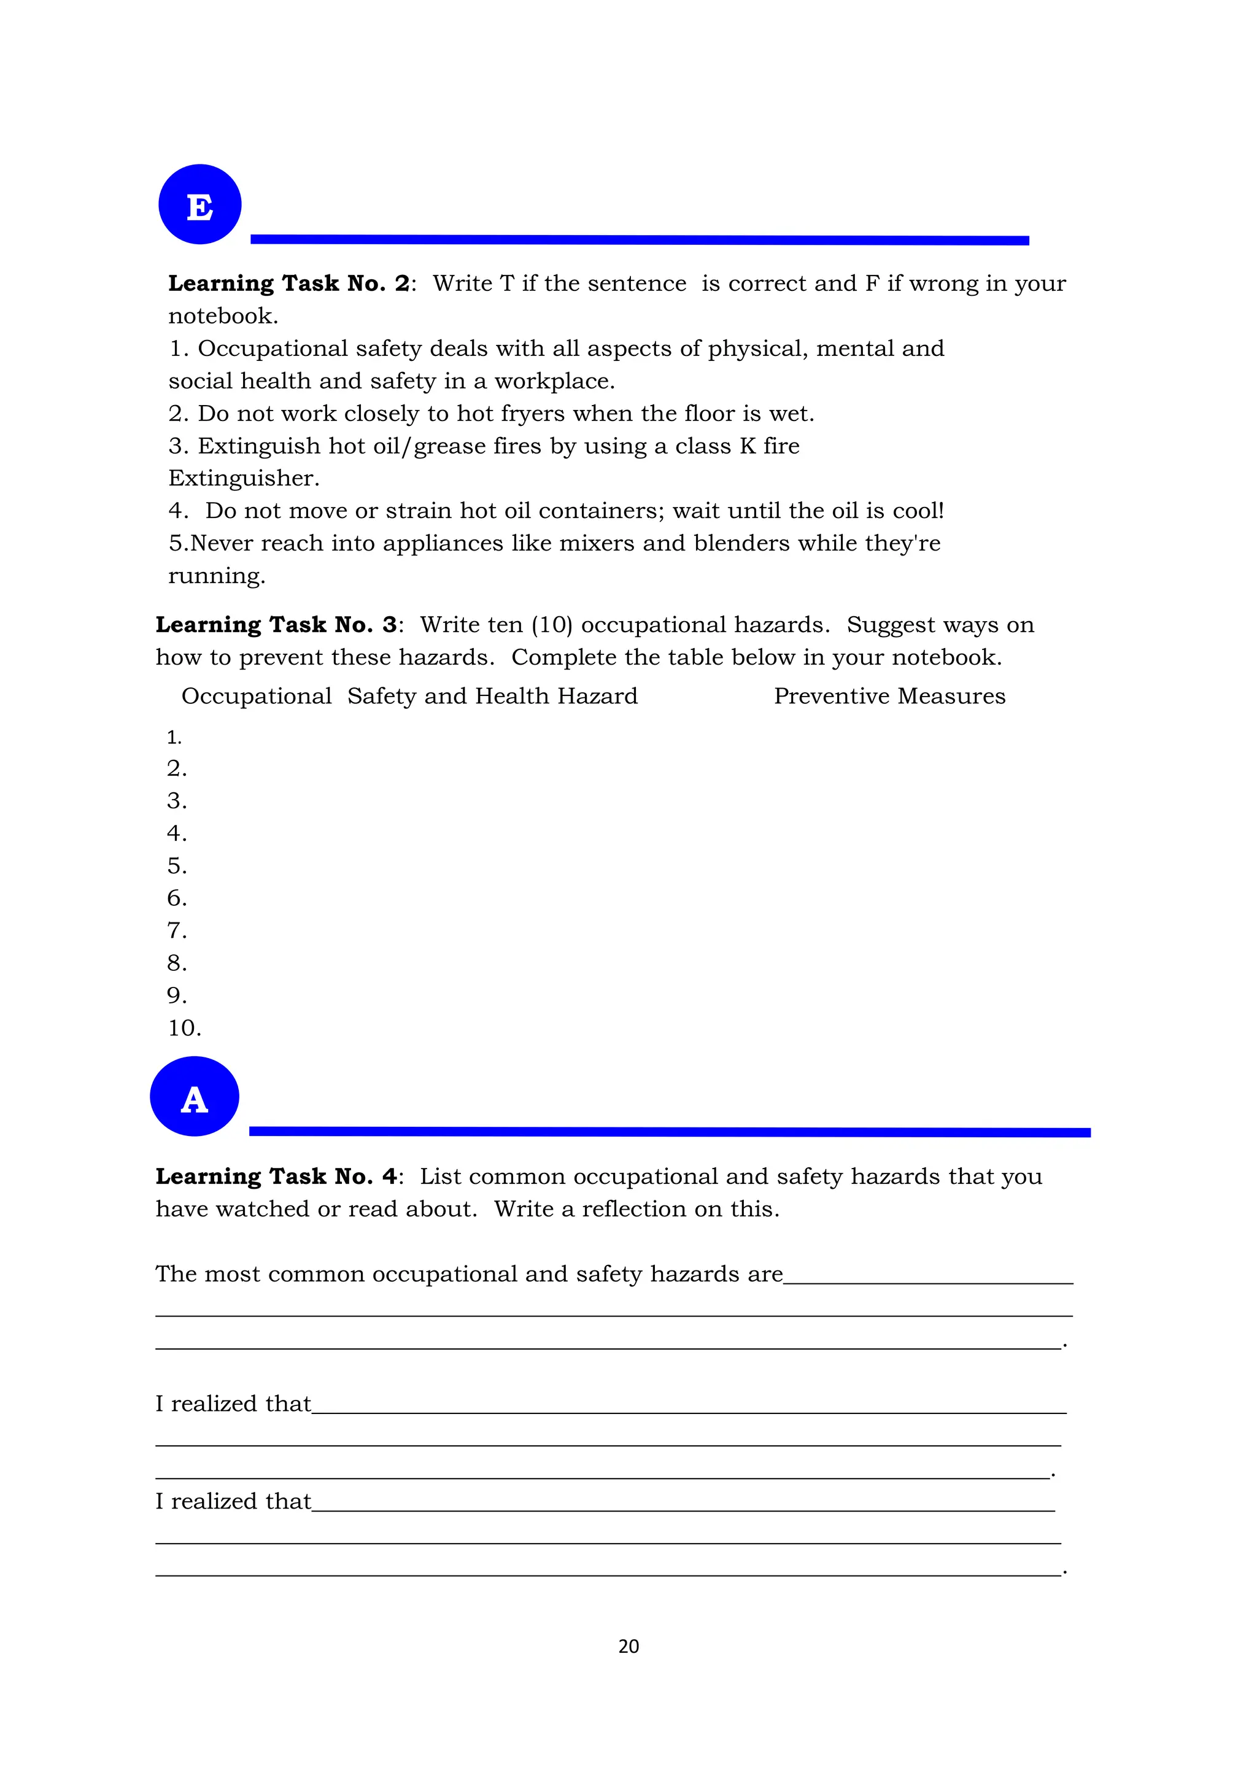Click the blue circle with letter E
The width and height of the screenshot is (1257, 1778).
point(200,204)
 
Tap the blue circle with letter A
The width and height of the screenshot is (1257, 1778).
point(195,1097)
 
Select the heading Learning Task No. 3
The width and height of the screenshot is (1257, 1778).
point(276,625)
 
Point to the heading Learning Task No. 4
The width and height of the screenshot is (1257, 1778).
point(276,1177)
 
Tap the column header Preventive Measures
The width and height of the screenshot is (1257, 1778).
point(889,696)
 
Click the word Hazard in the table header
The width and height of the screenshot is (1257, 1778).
point(597,696)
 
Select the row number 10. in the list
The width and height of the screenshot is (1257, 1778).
point(184,1029)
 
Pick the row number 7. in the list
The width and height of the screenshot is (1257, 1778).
point(177,931)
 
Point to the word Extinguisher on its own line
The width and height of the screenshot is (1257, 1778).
point(243,479)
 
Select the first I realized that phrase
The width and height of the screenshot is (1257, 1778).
point(233,1404)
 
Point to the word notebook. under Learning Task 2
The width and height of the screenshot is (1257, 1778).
point(223,317)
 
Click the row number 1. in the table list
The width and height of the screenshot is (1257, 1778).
point(174,738)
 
